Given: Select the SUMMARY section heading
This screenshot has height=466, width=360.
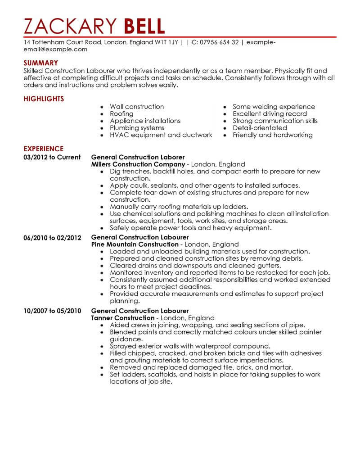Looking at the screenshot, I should [x=40, y=63].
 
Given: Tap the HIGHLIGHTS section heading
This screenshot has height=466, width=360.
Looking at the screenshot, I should [x=44, y=99].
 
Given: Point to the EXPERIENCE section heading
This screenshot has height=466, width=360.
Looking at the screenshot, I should [x=43, y=149].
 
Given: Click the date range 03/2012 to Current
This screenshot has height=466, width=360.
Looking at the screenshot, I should [x=52, y=158].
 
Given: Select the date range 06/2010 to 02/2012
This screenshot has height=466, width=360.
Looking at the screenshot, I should [x=53, y=237].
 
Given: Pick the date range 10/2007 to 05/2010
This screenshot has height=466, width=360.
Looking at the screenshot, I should [x=53, y=311].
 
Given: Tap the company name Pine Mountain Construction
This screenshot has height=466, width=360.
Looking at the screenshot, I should [x=135, y=244].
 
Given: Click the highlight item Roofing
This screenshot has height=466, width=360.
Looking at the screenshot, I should [x=121, y=114].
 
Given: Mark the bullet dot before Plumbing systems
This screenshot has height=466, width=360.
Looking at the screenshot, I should [x=103, y=128].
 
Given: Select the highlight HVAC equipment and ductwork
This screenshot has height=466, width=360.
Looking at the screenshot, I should [x=161, y=135].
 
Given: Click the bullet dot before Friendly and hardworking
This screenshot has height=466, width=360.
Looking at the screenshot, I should [x=225, y=136].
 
